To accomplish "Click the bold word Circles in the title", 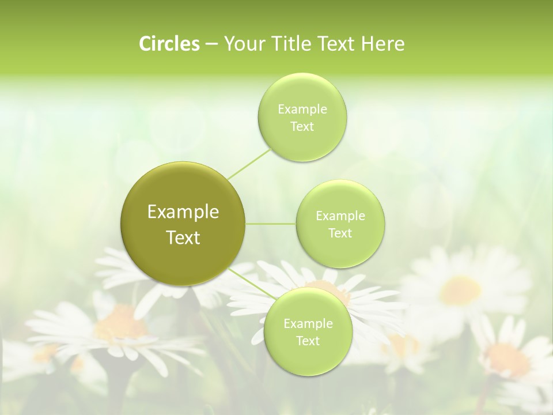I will pyautogui.click(x=169, y=44).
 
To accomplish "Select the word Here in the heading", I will pyautogui.click(x=383, y=44).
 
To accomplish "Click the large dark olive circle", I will pyautogui.click(x=183, y=224).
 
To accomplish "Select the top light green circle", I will pyautogui.click(x=302, y=117).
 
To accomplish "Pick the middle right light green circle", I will pyautogui.click(x=340, y=224).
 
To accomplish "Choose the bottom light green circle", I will pyautogui.click(x=308, y=331).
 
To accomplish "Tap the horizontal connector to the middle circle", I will pyautogui.click(x=271, y=224).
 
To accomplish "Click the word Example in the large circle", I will pyautogui.click(x=183, y=212).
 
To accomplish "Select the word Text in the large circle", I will pyautogui.click(x=183, y=237).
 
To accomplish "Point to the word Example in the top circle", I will pyautogui.click(x=302, y=110).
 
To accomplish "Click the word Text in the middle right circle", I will pyautogui.click(x=340, y=233).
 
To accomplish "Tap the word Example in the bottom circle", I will pyautogui.click(x=308, y=324).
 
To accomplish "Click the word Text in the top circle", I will pyautogui.click(x=302, y=127).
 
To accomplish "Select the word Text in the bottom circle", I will pyautogui.click(x=308, y=341).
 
